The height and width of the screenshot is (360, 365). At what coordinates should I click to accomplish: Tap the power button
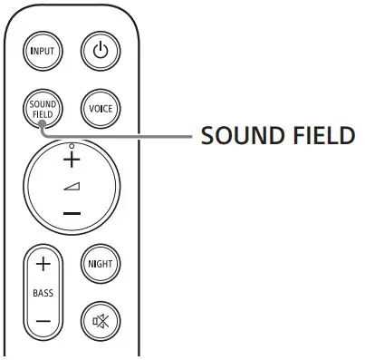point(100,50)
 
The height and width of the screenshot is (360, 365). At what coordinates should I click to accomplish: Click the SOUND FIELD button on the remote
point(43,109)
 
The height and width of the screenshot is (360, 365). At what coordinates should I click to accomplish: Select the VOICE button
point(100,109)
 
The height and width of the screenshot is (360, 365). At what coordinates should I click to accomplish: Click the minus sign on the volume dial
point(72,216)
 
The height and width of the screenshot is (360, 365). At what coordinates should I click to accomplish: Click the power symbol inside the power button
point(100,50)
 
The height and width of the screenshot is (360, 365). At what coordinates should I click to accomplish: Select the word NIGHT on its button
point(100,265)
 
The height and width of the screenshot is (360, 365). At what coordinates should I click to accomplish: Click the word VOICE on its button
point(100,109)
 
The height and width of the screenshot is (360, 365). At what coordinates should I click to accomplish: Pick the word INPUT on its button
point(43,50)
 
